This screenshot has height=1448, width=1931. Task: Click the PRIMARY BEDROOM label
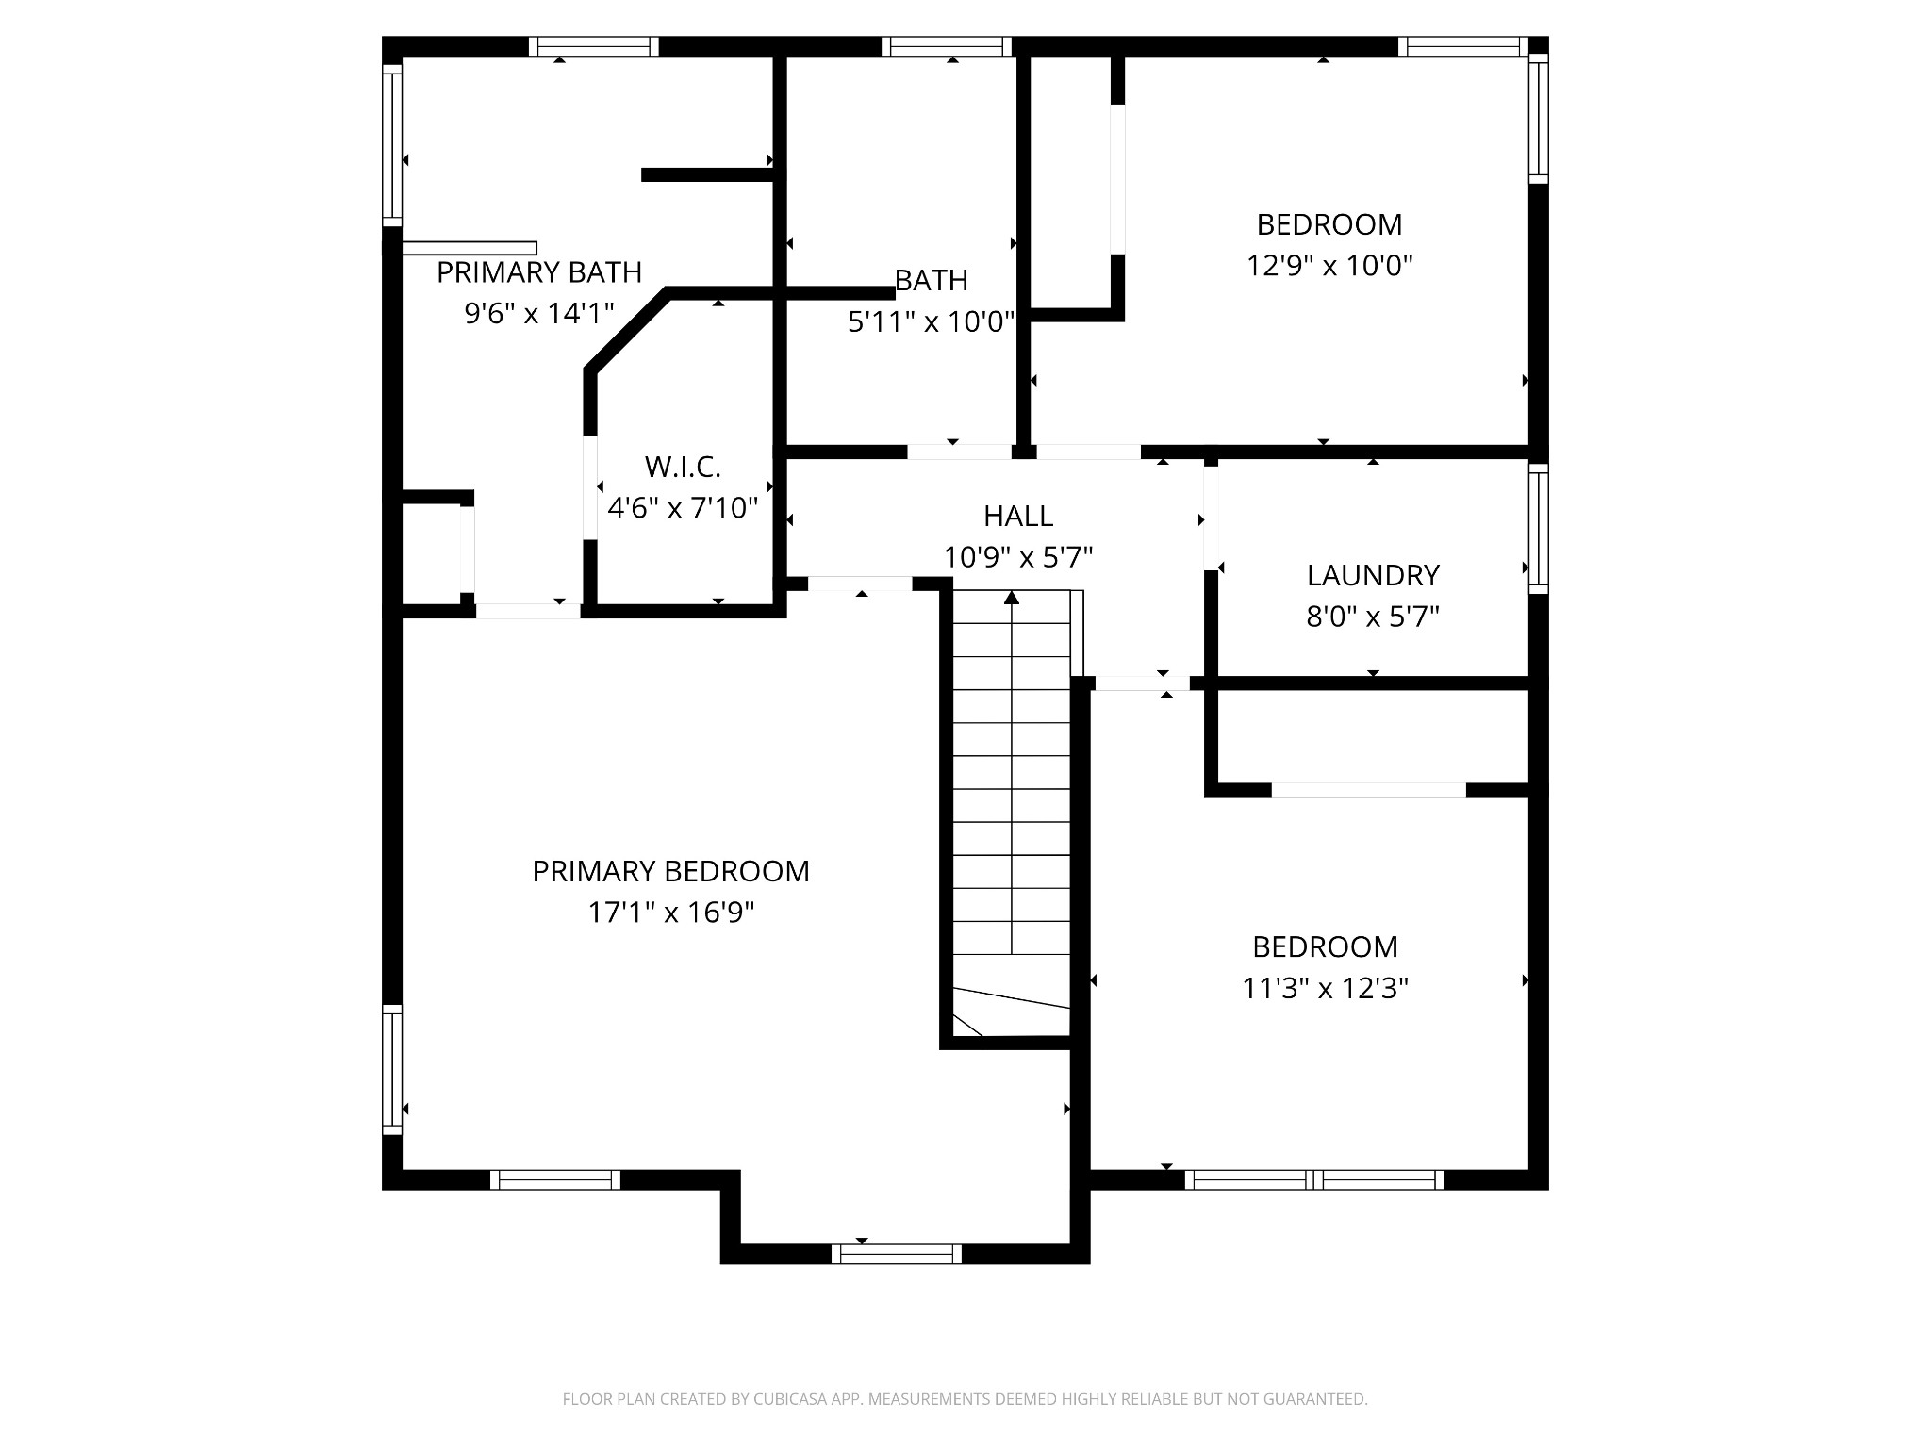(670, 871)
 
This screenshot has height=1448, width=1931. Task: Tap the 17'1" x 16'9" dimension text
(670, 913)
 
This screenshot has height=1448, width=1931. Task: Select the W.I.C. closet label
(683, 467)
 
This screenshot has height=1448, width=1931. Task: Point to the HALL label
(1017, 516)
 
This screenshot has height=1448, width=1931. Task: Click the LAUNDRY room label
(1372, 575)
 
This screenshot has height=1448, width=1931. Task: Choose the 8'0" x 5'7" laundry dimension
(1372, 617)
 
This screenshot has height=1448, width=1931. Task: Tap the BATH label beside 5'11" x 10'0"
(931, 280)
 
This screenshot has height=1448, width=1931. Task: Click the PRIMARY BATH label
(538, 272)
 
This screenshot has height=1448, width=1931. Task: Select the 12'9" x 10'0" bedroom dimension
(1329, 266)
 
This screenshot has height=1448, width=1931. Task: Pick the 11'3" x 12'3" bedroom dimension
(1324, 988)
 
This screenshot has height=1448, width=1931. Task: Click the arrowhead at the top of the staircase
(1012, 598)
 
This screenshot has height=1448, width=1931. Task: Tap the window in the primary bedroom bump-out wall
(896, 1253)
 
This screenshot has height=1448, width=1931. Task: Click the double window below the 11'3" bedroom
(1313, 1179)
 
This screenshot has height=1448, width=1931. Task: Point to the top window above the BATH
(946, 46)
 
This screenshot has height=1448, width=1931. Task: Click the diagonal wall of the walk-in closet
(627, 332)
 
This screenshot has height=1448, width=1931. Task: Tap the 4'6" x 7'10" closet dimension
(683, 508)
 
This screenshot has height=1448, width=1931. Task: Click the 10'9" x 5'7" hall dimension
(1017, 557)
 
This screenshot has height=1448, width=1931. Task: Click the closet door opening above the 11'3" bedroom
(1368, 790)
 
